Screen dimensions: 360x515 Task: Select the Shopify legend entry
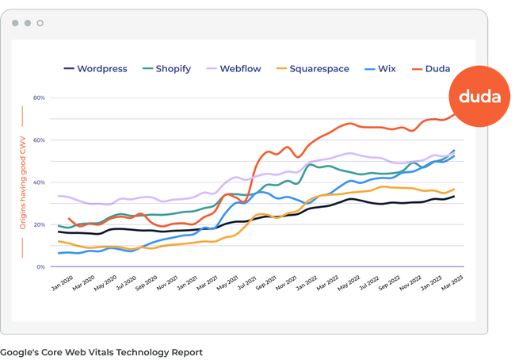pyautogui.click(x=163, y=69)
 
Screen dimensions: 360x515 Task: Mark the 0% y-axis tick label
pyautogui.click(x=40, y=267)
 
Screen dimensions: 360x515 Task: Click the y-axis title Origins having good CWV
pyautogui.click(x=24, y=183)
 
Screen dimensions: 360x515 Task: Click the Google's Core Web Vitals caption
pyautogui.click(x=101, y=352)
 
